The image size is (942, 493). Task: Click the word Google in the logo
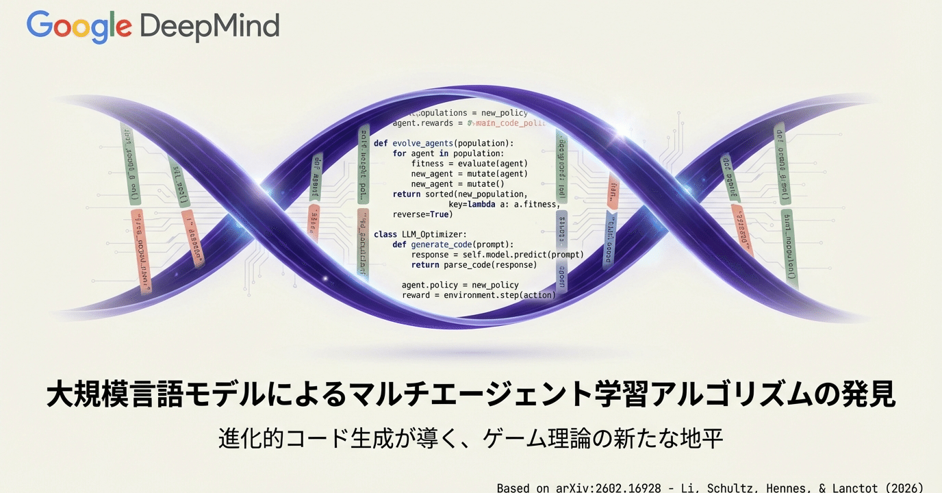pyautogui.click(x=79, y=26)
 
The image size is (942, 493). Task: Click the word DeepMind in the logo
pyautogui.click(x=209, y=26)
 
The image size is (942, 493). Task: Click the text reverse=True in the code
pyautogui.click(x=422, y=214)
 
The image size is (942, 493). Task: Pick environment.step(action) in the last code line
pyautogui.click(x=500, y=295)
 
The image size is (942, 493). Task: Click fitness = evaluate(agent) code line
pyautogui.click(x=470, y=164)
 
